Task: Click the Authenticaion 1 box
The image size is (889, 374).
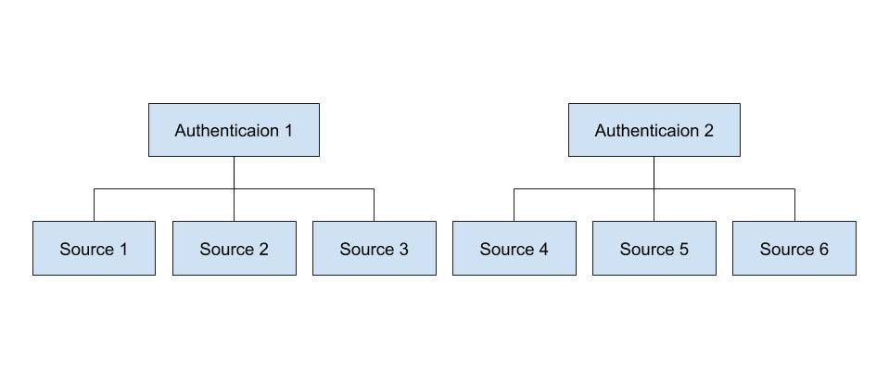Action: click(234, 130)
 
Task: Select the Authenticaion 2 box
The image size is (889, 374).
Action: click(654, 130)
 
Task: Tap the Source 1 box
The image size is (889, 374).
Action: click(94, 249)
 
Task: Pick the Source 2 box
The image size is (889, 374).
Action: click(234, 249)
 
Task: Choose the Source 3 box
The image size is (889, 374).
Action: click(374, 249)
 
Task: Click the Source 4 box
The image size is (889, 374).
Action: click(514, 249)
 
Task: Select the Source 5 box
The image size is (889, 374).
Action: click(654, 249)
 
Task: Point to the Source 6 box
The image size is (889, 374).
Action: click(794, 249)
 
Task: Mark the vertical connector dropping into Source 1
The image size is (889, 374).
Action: click(94, 205)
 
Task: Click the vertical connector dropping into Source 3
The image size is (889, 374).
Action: click(374, 205)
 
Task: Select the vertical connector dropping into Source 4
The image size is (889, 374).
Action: click(514, 205)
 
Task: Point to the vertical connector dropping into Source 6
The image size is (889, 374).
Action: click(794, 205)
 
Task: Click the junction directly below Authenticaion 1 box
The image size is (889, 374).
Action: click(234, 189)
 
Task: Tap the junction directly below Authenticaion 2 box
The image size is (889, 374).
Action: click(654, 189)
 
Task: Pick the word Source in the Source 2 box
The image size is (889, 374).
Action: click(225, 250)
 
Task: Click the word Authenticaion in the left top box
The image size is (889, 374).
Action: click(226, 131)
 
